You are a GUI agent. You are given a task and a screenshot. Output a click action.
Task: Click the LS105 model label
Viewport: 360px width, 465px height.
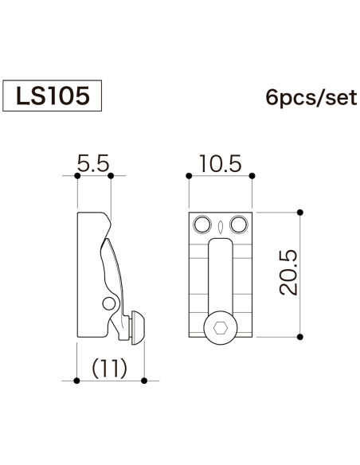53,96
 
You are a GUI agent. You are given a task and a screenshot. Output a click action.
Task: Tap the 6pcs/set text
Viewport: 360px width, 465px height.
311,98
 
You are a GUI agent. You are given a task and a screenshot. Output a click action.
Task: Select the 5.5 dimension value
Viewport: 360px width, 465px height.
93,163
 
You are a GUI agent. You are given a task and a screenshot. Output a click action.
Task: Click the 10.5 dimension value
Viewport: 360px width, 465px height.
221,164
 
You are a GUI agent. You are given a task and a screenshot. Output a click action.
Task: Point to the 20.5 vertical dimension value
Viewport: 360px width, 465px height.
288,272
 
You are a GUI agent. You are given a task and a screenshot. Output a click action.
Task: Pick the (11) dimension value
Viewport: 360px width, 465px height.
110,369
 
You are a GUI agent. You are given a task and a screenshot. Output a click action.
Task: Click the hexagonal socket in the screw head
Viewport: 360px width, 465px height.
221,328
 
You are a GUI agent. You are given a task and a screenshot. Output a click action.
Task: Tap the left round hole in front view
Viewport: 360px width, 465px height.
202,225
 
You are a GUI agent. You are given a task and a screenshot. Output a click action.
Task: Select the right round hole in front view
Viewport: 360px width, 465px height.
239,225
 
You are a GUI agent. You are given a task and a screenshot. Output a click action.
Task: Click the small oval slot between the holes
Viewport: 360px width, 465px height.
221,227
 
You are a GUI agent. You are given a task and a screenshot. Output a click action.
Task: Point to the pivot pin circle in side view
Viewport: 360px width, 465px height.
109,303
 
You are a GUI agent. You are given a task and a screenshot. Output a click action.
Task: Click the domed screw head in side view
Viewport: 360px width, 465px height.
139,328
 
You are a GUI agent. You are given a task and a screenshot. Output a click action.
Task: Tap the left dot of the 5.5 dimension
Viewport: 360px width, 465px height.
77,176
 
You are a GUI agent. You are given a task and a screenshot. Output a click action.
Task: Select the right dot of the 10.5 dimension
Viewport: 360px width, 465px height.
252,176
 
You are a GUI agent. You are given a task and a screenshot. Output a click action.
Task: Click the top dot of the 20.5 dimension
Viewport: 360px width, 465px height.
299,213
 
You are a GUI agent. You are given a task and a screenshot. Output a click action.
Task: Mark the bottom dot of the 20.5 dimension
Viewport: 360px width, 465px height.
299,337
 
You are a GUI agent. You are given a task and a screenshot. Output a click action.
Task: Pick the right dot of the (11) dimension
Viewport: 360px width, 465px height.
144,381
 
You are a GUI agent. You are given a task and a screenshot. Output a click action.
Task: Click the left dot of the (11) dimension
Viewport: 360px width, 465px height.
76,381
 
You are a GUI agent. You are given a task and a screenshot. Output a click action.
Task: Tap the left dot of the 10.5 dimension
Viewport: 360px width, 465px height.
189,176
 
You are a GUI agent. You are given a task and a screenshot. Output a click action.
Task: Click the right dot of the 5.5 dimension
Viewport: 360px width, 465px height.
111,176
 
